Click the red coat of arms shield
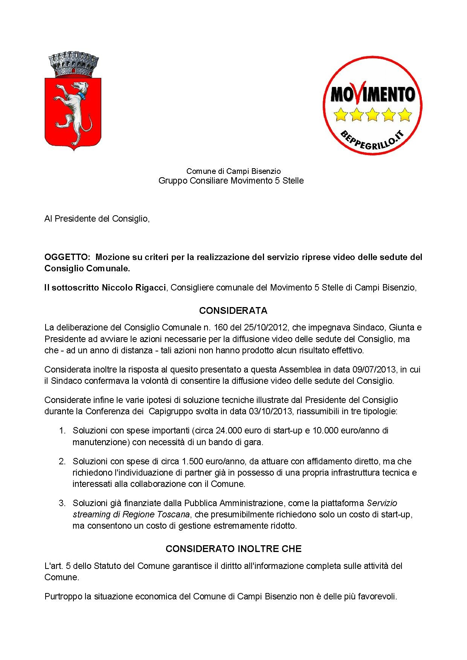73,113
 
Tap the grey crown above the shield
74,65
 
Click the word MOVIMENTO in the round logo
372,94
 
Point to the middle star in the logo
372,114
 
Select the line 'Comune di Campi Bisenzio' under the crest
233,172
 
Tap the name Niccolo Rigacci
134,288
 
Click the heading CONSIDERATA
233,311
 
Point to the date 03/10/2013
270,411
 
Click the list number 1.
63,430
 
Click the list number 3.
63,503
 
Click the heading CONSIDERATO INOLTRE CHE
233,549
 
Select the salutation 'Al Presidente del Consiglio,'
97,219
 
